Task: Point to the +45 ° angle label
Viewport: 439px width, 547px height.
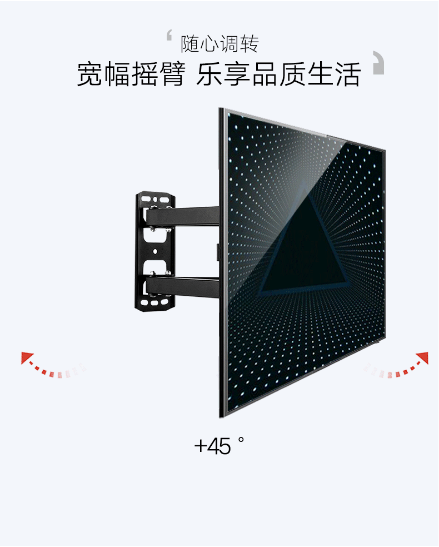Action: click(219, 445)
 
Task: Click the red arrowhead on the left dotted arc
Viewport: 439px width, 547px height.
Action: click(26, 356)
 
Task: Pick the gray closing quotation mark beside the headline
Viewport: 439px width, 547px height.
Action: click(378, 62)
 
